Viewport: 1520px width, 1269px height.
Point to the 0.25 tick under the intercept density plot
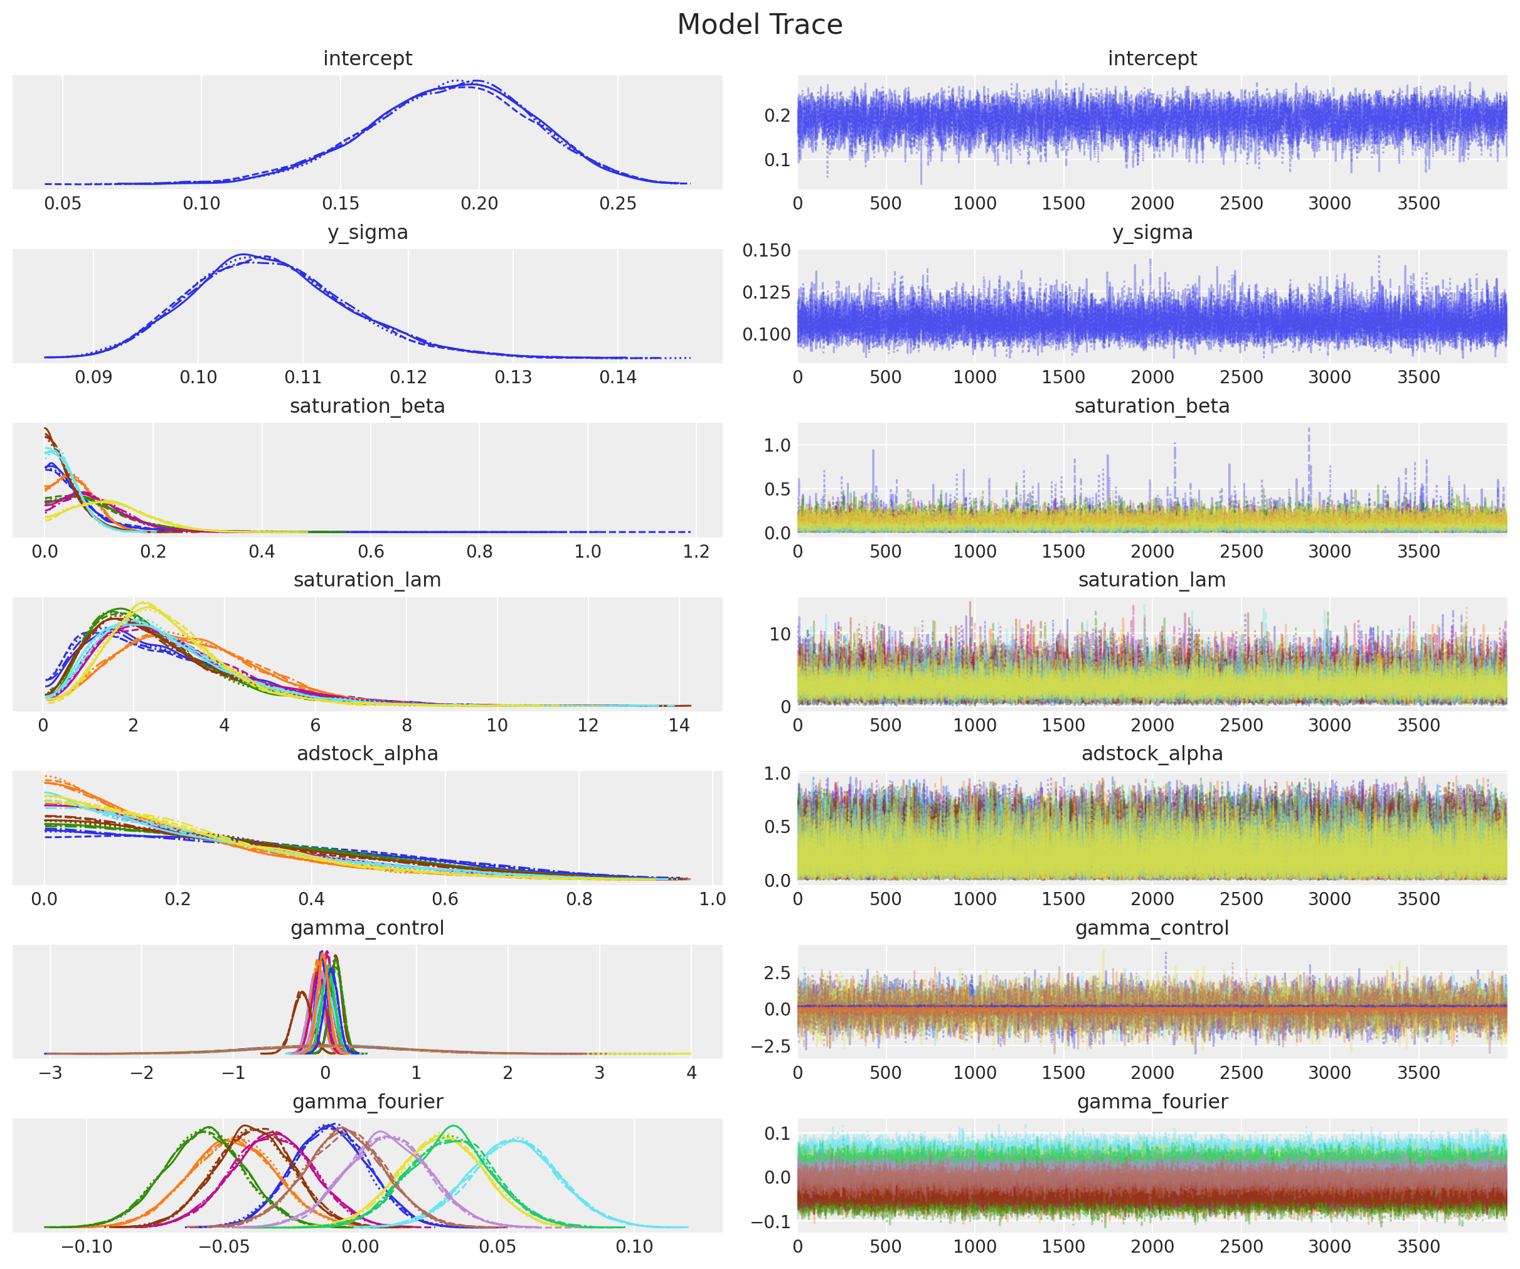(617, 203)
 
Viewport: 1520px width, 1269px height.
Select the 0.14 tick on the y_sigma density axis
(617, 377)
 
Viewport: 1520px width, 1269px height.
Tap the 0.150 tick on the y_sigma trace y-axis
(767, 250)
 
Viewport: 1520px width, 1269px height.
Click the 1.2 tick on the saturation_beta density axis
(696, 551)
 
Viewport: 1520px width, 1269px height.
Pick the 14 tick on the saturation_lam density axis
(678, 725)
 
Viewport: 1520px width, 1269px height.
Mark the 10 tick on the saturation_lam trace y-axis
(780, 634)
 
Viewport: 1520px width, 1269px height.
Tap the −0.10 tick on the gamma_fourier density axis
(86, 1246)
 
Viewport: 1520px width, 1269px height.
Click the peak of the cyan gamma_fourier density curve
(514, 1140)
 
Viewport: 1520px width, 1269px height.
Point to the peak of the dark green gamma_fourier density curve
(208, 1128)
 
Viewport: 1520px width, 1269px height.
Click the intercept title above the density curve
(368, 58)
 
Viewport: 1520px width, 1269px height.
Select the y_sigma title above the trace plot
(1152, 232)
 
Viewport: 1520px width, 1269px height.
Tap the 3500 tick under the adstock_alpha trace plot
(1418, 899)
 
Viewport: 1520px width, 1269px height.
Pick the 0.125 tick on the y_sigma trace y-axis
(767, 292)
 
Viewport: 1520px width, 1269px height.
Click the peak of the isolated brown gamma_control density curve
(300, 993)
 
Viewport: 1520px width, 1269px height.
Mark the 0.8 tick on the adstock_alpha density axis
(579, 899)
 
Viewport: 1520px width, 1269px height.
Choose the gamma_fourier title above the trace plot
(1152, 1102)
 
